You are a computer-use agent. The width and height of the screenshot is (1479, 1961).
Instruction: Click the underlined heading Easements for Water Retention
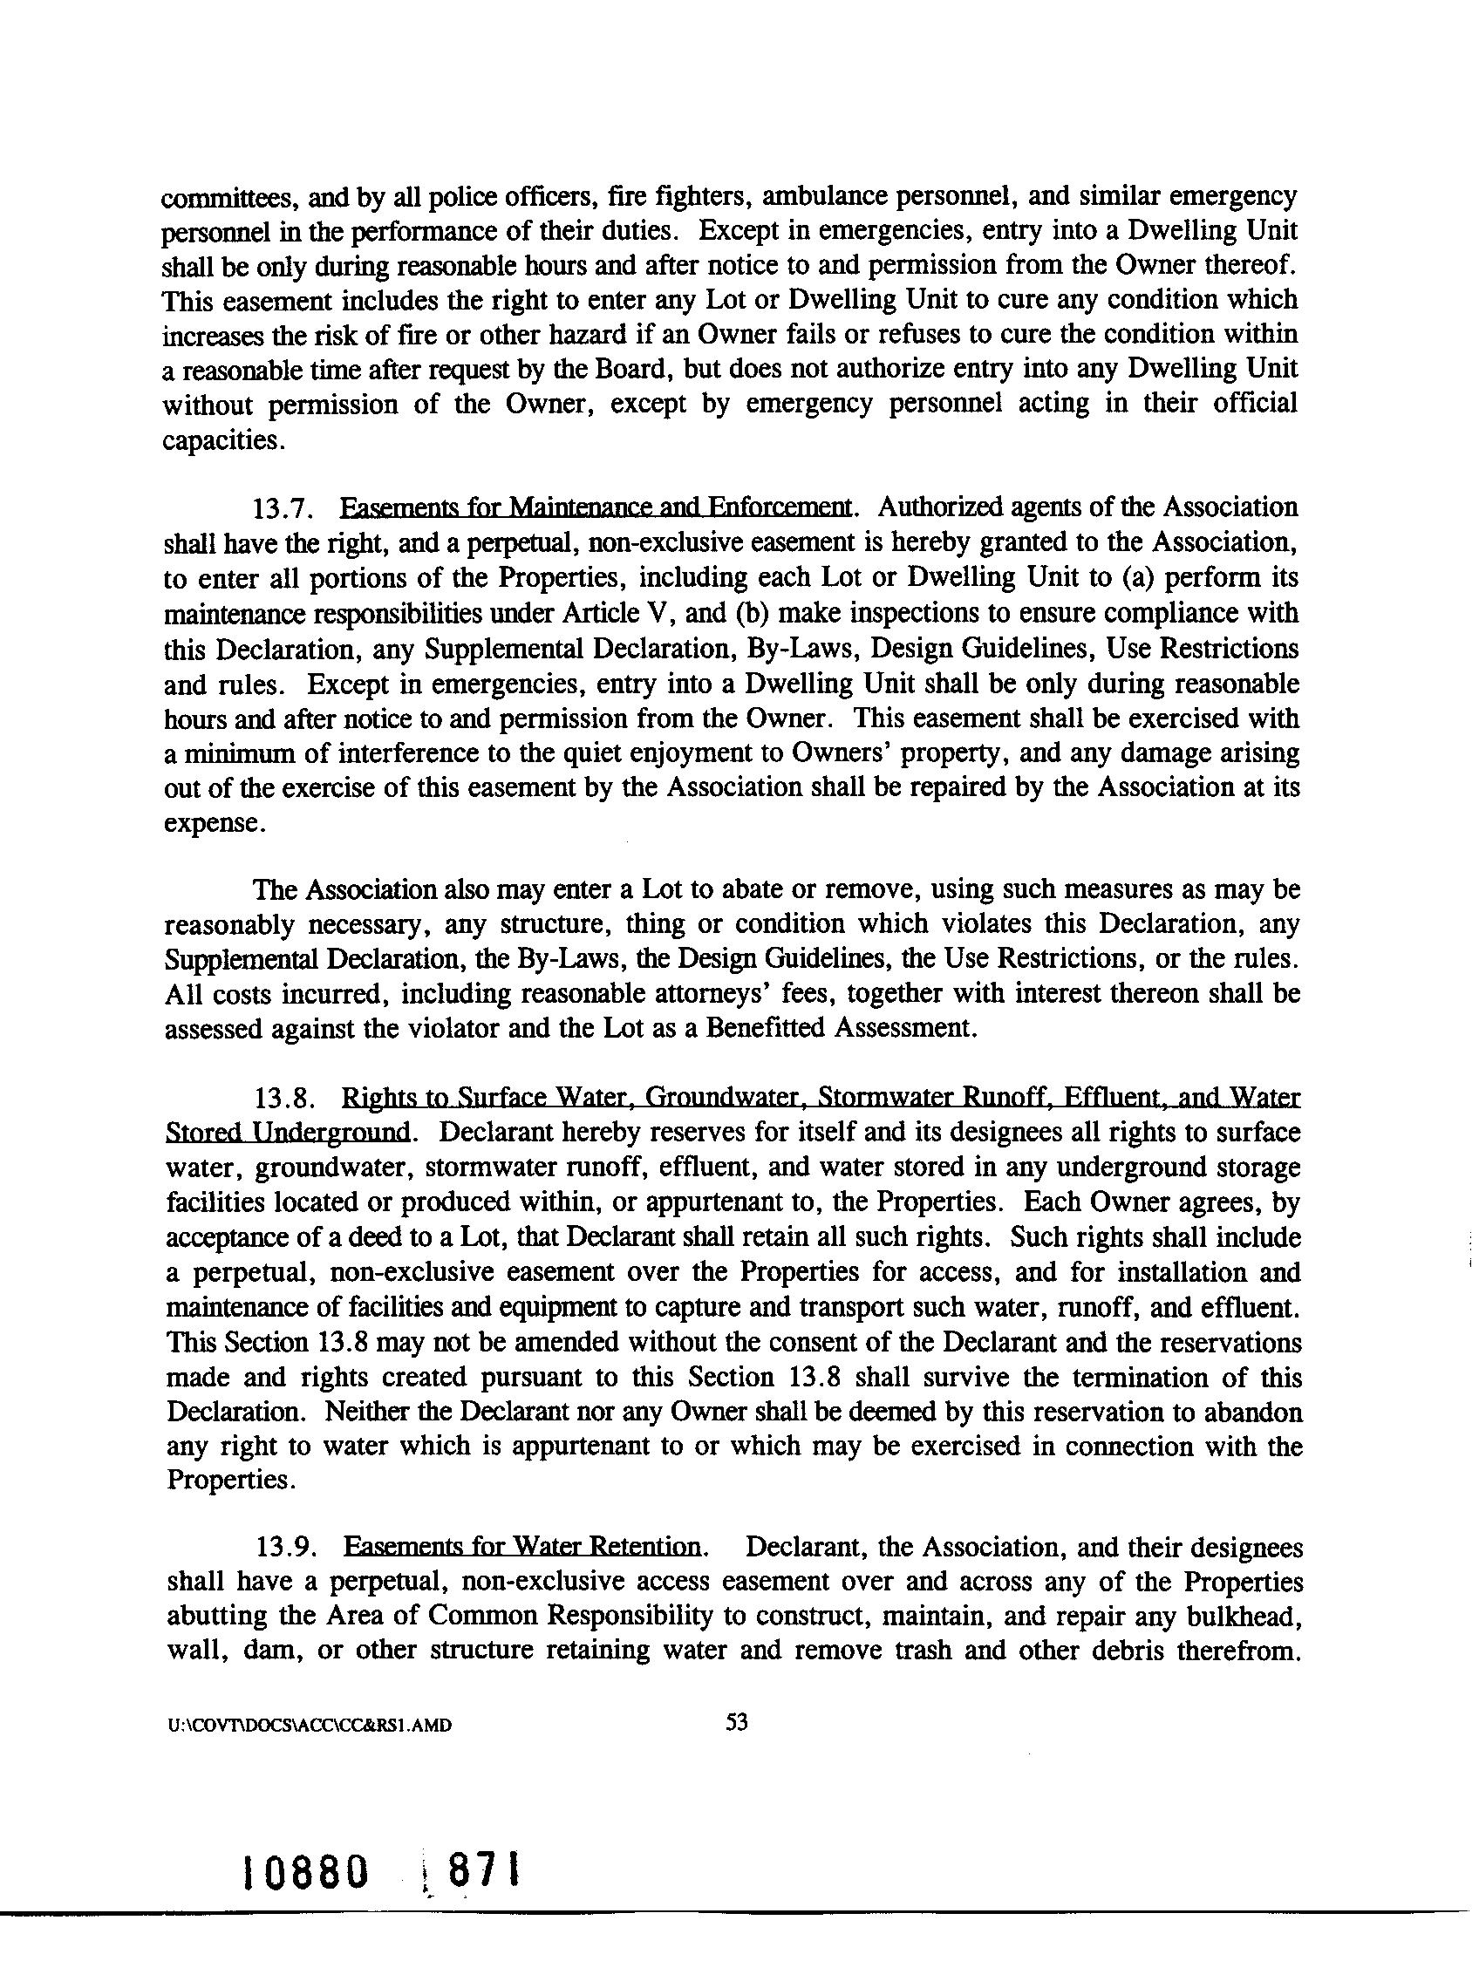point(523,1548)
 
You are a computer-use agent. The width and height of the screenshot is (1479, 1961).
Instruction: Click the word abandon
point(1251,1412)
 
